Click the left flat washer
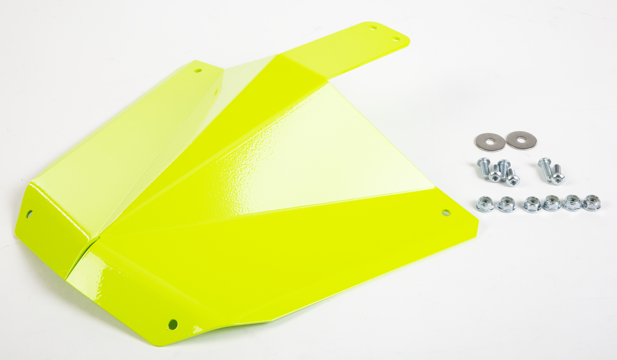point(490,141)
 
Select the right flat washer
point(521,140)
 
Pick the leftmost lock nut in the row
point(485,204)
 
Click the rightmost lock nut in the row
point(592,203)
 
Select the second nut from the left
point(507,204)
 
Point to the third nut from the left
point(532,204)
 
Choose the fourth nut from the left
point(552,203)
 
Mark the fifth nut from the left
point(572,203)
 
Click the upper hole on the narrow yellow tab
point(373,27)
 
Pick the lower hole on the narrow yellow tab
point(396,39)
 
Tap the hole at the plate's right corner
point(446,212)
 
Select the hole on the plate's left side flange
point(29,214)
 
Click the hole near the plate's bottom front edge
point(173,324)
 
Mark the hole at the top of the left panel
point(198,70)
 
